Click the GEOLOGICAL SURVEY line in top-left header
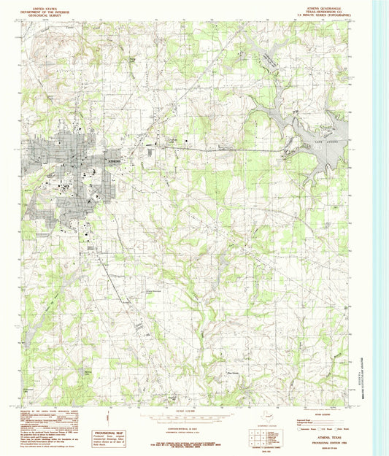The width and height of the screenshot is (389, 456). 47,15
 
